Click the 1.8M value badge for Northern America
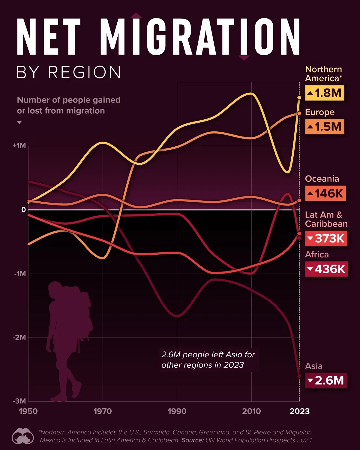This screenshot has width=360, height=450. (x=324, y=93)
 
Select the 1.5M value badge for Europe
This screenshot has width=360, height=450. (x=324, y=127)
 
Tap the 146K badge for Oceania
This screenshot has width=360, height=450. (x=325, y=193)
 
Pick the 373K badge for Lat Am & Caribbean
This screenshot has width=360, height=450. (x=326, y=238)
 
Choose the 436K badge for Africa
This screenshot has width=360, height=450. (x=326, y=269)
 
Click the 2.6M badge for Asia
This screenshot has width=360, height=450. (x=326, y=380)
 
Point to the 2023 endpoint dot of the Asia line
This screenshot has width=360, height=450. (x=299, y=376)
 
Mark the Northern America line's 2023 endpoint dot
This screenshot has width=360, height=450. (x=299, y=98)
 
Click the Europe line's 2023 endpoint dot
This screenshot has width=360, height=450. (x=299, y=113)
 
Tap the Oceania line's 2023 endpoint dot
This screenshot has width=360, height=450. (x=299, y=200)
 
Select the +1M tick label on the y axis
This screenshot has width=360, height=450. (x=19, y=146)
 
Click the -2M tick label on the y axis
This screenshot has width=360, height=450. (x=19, y=337)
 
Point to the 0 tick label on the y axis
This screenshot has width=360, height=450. (x=23, y=210)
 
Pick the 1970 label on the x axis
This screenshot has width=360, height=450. (x=103, y=411)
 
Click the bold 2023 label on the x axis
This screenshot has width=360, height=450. (x=299, y=411)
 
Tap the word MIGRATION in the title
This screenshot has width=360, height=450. (x=200, y=37)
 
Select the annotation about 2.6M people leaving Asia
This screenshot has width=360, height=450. (x=208, y=360)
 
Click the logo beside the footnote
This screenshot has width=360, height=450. (x=22, y=436)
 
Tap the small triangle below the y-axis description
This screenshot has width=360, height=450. (x=19, y=122)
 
